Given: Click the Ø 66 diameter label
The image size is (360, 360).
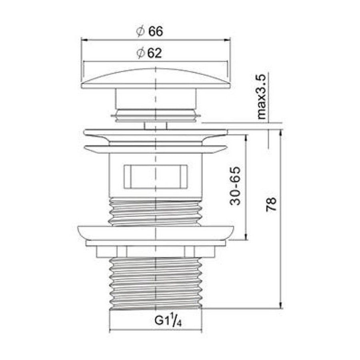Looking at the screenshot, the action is pyautogui.click(x=150, y=31).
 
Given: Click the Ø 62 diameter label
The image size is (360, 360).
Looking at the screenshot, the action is pyautogui.click(x=149, y=53).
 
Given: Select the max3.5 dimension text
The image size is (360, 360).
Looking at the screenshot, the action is pyautogui.click(x=262, y=96).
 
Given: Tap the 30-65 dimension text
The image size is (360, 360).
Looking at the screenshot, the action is pyautogui.click(x=235, y=186).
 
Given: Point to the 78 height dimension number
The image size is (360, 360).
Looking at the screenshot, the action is pyautogui.click(x=271, y=204).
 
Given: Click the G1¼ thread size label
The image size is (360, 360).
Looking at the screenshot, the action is pyautogui.click(x=168, y=320).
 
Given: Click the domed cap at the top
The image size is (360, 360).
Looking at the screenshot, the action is pyautogui.click(x=156, y=78).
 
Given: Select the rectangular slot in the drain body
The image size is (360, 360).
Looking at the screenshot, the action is pyautogui.click(x=156, y=176).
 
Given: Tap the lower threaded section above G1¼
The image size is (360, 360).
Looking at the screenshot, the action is pyautogui.click(x=156, y=283).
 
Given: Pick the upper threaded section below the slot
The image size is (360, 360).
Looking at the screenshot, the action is pyautogui.click(x=156, y=212).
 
